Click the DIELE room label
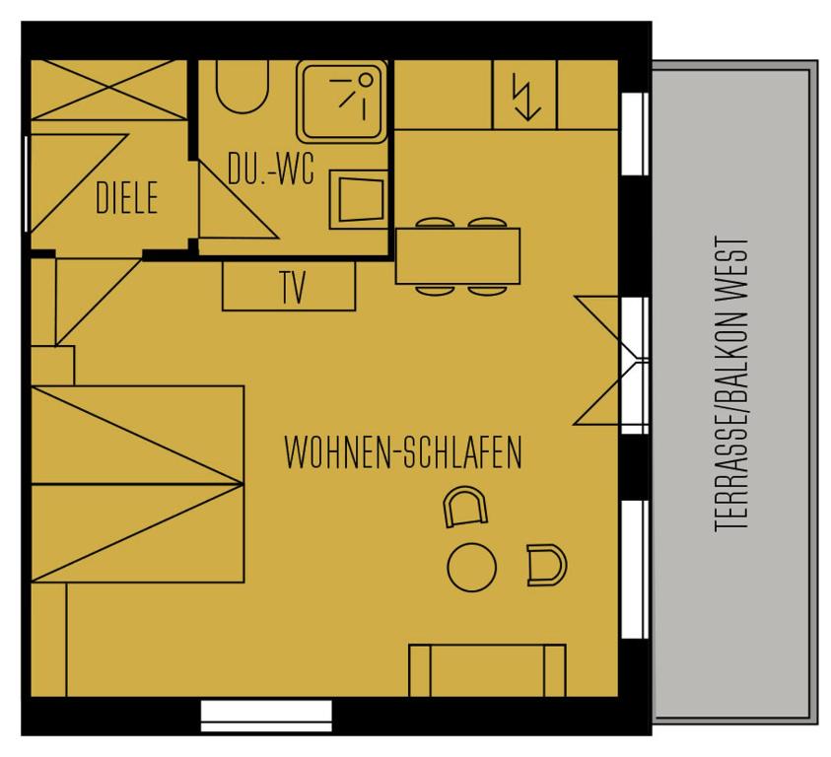click(x=126, y=197)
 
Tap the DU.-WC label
click(x=271, y=169)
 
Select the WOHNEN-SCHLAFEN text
click(x=403, y=452)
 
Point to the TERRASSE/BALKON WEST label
click(x=731, y=383)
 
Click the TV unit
click(x=289, y=286)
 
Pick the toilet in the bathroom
click(x=242, y=87)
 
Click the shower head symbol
click(x=354, y=95)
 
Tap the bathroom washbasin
click(x=359, y=199)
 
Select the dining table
click(x=458, y=256)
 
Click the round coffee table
click(x=471, y=567)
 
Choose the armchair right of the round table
click(x=547, y=565)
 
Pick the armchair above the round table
click(x=464, y=507)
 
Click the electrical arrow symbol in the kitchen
click(x=526, y=97)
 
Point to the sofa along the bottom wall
click(x=488, y=670)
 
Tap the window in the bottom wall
click(x=266, y=716)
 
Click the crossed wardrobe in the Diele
click(x=109, y=90)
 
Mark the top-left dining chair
click(x=435, y=223)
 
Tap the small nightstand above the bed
click(x=52, y=366)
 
